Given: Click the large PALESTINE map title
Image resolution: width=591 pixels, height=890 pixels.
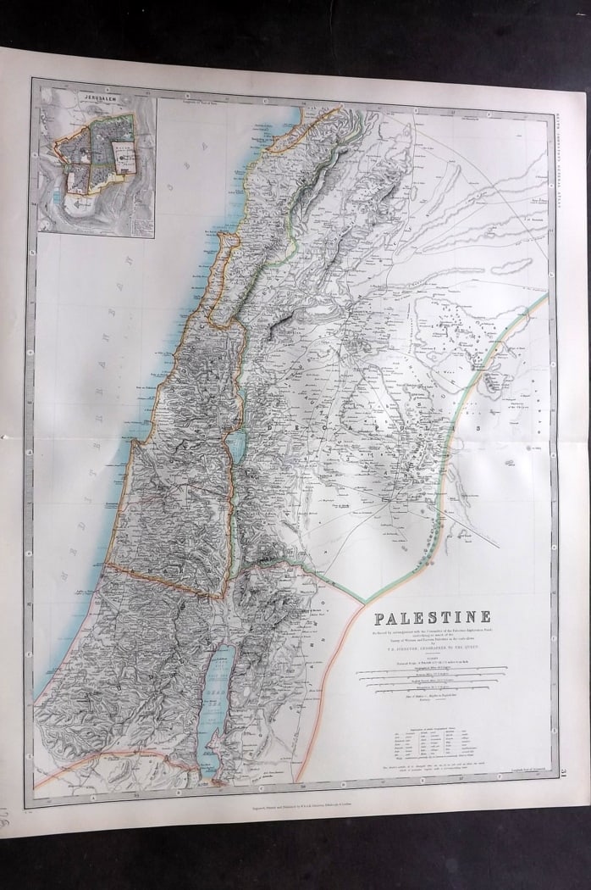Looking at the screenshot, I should [x=432, y=618].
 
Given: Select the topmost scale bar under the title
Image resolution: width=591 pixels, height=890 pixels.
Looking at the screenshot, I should [x=432, y=668].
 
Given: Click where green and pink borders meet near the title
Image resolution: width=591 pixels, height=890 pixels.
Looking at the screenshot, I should [x=363, y=604].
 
